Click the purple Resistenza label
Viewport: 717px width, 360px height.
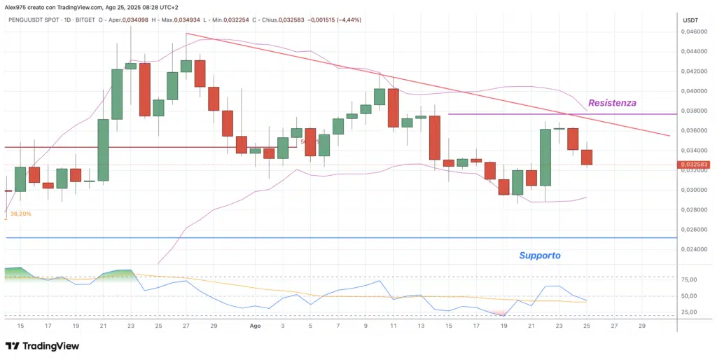click(x=612, y=103)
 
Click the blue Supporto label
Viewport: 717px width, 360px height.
click(x=540, y=256)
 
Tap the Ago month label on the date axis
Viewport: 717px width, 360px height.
click(x=256, y=326)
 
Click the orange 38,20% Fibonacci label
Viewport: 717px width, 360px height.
click(x=21, y=214)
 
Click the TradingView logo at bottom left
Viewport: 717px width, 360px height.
click(x=42, y=346)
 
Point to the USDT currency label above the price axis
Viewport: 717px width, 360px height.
click(x=690, y=20)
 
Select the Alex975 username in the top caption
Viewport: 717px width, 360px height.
click(x=17, y=6)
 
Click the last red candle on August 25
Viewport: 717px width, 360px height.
click(x=587, y=158)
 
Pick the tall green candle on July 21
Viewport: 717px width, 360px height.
click(x=103, y=150)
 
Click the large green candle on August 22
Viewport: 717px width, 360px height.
click(x=545, y=158)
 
